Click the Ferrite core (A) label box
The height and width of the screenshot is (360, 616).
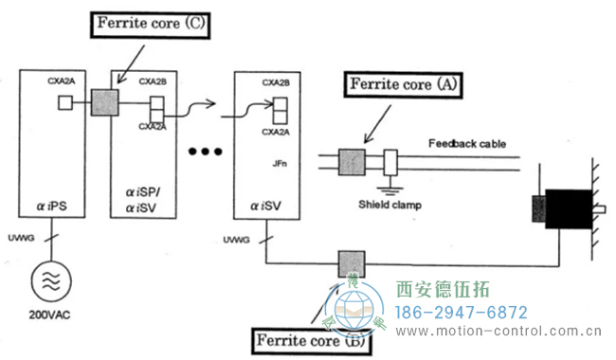tap(405, 83)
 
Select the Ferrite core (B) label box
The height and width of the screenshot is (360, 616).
tap(308, 338)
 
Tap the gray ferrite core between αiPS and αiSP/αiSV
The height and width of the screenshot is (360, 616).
tap(104, 102)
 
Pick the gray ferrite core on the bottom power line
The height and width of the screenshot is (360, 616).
tap(351, 265)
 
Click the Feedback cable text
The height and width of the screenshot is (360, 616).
tap(467, 144)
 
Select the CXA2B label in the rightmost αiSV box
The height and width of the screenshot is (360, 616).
tap(278, 82)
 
